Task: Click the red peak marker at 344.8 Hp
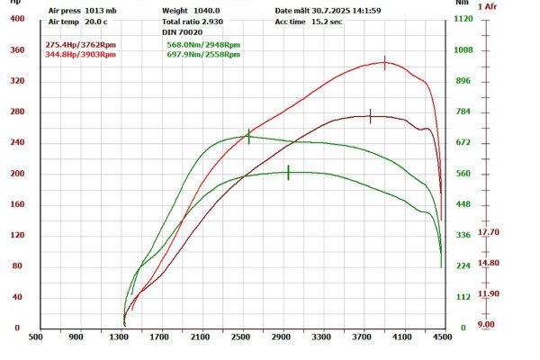385,62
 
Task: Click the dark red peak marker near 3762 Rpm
370,116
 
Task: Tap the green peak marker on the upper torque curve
248,136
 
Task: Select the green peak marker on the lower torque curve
288,172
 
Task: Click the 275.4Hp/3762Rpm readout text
81,44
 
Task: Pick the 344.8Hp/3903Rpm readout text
81,54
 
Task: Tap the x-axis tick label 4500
442,337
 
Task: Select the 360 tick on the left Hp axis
17,50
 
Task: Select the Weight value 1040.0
208,11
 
